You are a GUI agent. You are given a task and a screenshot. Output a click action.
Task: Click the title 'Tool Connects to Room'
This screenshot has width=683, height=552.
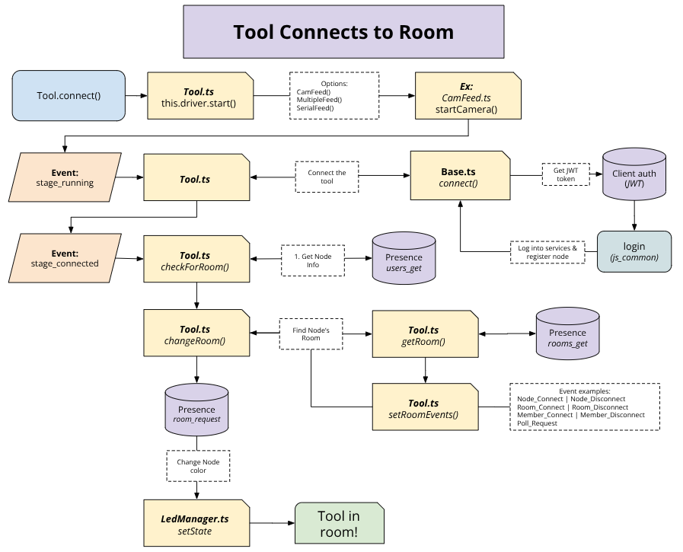pos(343,32)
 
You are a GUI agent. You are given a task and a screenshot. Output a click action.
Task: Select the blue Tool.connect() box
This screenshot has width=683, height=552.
pos(69,95)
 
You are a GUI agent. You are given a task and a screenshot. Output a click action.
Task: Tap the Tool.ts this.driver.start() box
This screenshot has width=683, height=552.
pos(200,95)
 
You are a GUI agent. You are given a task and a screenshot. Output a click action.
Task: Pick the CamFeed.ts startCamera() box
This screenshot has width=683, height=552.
pos(467,95)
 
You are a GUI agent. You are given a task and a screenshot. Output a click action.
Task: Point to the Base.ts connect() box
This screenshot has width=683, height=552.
pos(459,177)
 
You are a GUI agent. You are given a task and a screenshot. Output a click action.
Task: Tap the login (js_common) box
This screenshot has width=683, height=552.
pos(634,251)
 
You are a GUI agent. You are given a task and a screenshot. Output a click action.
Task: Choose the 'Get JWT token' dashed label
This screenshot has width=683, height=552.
pos(564,174)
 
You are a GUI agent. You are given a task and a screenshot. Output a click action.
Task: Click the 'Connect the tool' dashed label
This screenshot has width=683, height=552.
pos(326,177)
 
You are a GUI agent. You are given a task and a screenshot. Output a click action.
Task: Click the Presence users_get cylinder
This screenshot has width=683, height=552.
pos(403,262)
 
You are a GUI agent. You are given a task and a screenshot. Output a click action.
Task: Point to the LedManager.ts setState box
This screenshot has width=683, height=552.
pos(196,524)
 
